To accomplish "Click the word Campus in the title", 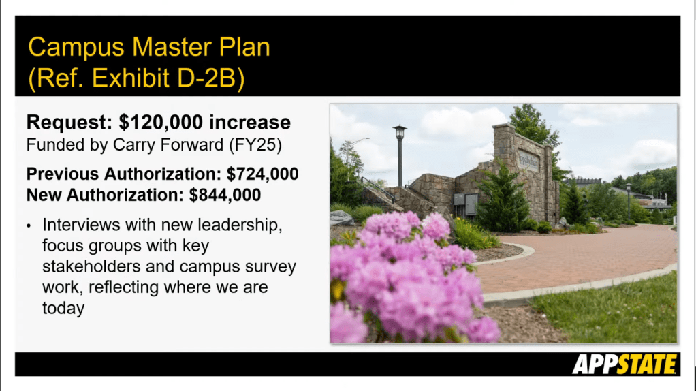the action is point(76,48).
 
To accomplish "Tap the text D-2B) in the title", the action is point(211,78).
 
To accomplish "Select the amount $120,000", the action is point(161,123).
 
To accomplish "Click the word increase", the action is point(250,123).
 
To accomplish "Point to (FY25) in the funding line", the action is point(255,145).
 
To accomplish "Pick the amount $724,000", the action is point(262,174).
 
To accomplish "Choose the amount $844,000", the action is point(225,195).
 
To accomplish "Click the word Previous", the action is point(63,174).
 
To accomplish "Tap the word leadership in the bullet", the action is point(240,225).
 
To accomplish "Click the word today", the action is point(63,309).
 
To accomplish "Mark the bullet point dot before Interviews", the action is point(29,226).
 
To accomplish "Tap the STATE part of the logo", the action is point(646,364).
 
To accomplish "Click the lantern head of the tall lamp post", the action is point(400,132).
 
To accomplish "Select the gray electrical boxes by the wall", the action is point(466,204).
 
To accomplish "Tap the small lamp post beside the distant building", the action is point(629,201).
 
